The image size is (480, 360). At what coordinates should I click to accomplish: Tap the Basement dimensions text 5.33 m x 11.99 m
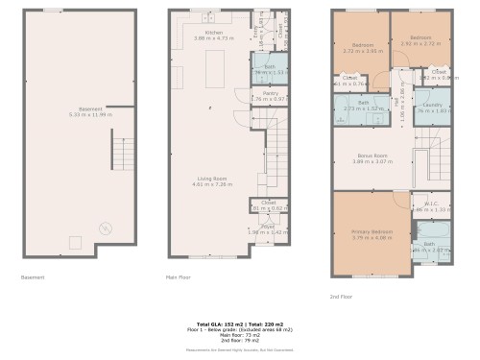(x=70, y=114)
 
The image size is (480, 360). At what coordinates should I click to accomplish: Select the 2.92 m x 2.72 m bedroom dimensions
(x=420, y=44)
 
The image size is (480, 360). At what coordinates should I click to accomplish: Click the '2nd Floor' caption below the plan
(x=342, y=297)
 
